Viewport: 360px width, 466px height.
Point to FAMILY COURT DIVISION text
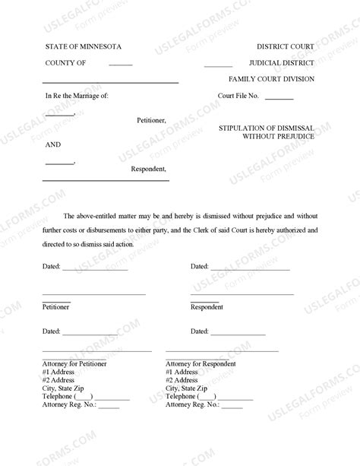(272, 79)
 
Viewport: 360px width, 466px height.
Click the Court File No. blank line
(279, 99)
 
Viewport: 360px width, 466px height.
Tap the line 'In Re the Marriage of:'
(77, 97)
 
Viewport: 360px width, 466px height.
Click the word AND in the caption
(52, 144)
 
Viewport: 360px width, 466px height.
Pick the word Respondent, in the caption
(148, 169)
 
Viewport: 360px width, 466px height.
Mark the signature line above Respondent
(231, 294)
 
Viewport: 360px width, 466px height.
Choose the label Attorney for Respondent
(200, 364)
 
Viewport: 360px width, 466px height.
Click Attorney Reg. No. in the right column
(192, 406)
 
